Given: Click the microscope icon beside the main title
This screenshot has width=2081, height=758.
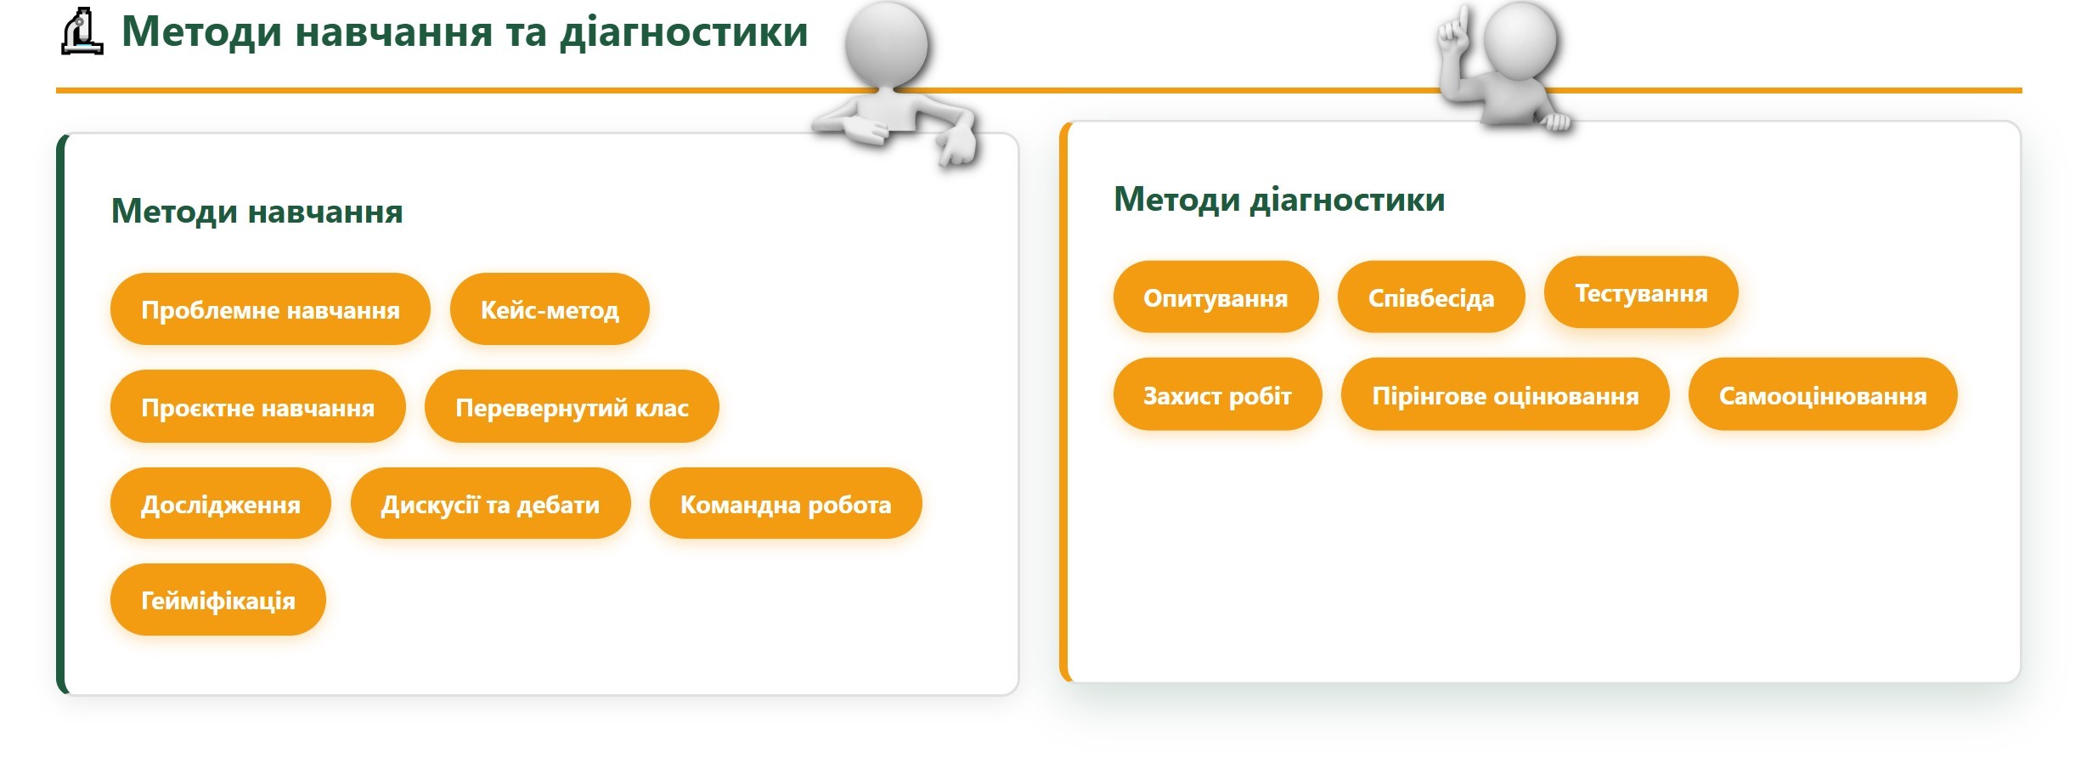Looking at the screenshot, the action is [82, 31].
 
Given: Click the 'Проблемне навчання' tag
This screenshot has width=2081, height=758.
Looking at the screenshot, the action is [270, 309].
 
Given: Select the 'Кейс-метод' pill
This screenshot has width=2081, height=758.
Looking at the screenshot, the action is [550, 309].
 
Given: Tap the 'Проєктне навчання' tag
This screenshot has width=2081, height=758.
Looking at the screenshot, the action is [257, 407].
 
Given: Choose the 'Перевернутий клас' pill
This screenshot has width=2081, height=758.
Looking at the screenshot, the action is [572, 407].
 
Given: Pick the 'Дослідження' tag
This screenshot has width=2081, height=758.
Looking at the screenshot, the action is [220, 504].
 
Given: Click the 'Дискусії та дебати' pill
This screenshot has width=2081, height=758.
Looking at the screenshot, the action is [490, 504].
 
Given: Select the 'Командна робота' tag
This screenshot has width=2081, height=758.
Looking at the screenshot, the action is [786, 504].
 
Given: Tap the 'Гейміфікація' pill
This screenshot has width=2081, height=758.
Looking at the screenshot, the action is [217, 600].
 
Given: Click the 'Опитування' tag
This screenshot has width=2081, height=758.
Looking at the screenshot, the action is [1215, 297].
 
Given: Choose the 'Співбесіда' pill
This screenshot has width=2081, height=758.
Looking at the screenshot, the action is [1431, 297].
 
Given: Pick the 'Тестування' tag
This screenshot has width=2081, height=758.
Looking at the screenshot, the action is [1641, 292].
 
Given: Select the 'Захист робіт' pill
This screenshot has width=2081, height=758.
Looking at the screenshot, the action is [1217, 395].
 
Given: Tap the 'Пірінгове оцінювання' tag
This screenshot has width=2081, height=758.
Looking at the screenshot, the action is [1505, 395].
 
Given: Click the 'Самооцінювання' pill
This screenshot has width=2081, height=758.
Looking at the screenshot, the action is [1823, 395].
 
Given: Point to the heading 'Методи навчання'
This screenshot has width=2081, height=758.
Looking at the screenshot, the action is [257, 211].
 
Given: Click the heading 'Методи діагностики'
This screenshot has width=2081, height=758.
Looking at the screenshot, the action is [1279, 199].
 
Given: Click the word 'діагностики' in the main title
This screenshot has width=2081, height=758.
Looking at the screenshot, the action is [684, 31].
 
